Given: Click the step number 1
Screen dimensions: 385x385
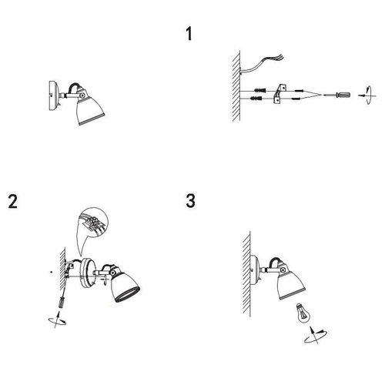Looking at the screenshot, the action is [189, 34].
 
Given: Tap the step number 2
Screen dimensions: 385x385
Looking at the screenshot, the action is [12, 202].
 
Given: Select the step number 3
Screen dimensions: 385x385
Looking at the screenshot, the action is [190, 200].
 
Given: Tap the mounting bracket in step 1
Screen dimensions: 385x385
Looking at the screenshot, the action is [280, 94].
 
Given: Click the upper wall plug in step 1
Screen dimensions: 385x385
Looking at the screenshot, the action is [259, 90].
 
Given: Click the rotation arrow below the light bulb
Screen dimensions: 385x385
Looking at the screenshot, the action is [316, 335].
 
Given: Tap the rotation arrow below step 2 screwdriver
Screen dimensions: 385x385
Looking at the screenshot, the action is [57, 320].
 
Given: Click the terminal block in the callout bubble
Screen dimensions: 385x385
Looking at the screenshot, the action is [93, 223].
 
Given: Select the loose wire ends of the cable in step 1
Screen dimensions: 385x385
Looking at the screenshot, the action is [279, 58].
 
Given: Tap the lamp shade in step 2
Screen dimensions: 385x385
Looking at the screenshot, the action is [126, 286].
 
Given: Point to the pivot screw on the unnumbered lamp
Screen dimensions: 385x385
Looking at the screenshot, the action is [82, 95].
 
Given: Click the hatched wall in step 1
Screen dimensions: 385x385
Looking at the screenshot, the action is [236, 86].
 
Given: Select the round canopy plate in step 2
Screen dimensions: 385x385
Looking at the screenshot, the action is [88, 272].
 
